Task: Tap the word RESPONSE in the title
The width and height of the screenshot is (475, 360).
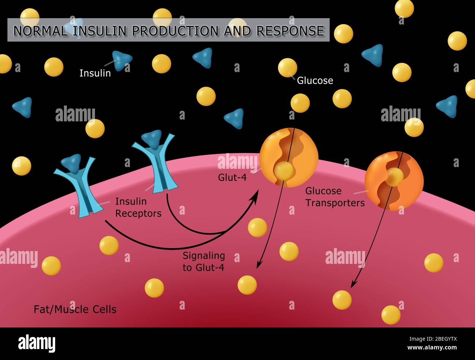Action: pos(290,31)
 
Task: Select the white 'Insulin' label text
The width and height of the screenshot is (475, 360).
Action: pos(95,73)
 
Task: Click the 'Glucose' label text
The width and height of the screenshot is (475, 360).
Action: pos(315,80)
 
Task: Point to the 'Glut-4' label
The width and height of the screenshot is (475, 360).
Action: pos(232,178)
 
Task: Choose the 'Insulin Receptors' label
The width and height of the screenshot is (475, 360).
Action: pos(138,207)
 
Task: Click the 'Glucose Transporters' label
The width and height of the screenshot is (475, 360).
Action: pos(335,197)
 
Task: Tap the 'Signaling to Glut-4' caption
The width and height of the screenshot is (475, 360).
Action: pos(204,261)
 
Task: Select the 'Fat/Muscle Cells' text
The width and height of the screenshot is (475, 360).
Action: pos(75,309)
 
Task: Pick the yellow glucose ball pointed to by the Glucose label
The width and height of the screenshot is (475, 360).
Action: pos(287,67)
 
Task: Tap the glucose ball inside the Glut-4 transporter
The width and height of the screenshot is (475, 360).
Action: pos(284,170)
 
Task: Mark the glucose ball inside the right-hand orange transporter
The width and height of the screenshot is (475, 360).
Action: pos(395,177)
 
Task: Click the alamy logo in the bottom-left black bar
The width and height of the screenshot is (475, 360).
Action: pos(37,343)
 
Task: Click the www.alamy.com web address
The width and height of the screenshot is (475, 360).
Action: pos(432,348)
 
